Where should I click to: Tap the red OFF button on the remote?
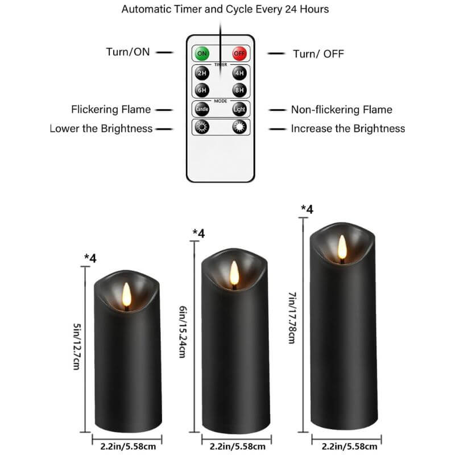239,54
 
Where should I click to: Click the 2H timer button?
202,73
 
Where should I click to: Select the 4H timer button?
239,73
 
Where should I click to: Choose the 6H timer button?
202,90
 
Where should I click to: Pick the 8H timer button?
239,90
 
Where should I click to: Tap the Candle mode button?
202,109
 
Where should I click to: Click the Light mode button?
239,109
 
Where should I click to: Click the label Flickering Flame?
111,109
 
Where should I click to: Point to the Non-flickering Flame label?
341,110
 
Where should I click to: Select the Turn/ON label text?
127,52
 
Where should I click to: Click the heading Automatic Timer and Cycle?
225,10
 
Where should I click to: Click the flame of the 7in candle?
342,247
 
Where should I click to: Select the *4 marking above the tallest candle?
307,209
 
